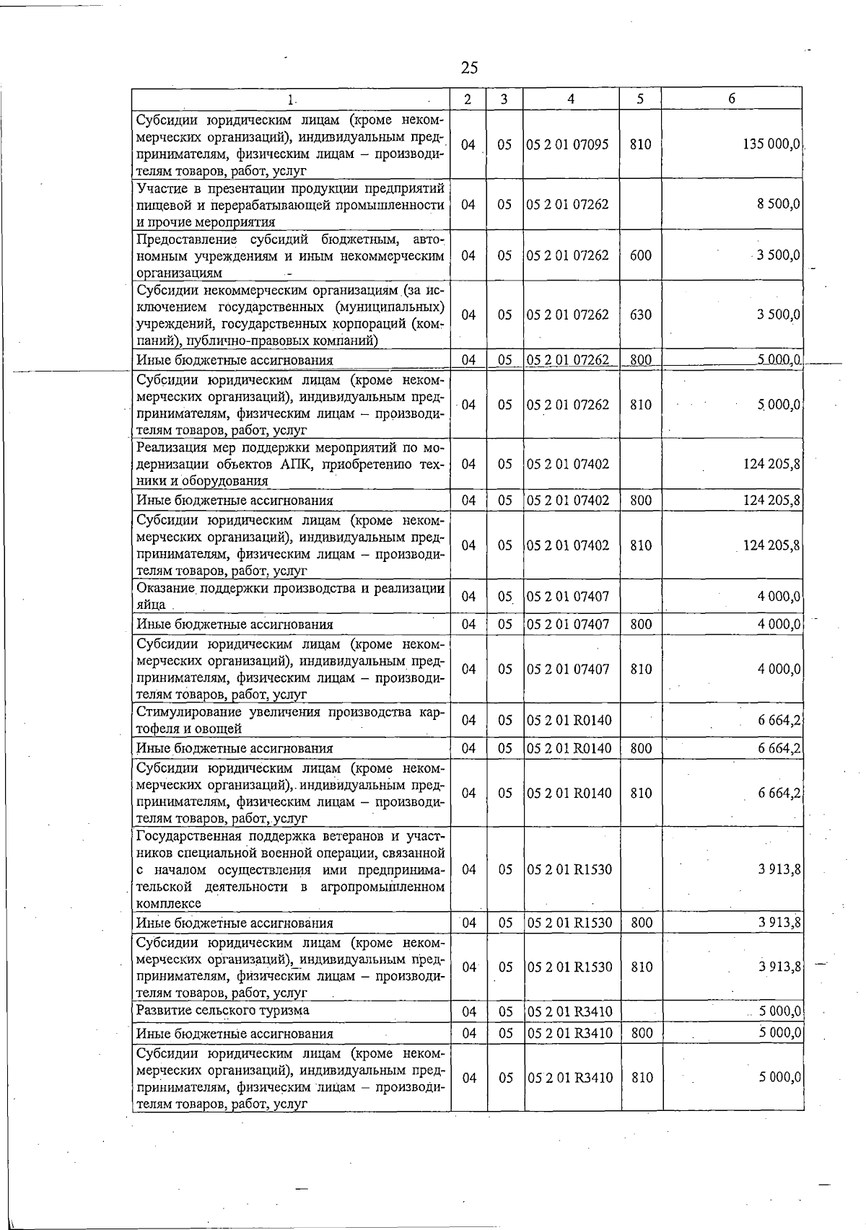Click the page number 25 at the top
coord(469,68)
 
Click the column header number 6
coord(731,99)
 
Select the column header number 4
coord(571,99)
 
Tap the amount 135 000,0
coord(771,144)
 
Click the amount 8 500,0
coord(778,204)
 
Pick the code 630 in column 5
coord(640,315)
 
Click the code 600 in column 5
coord(640,255)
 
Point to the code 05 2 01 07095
coord(568,144)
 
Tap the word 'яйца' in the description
coord(151,605)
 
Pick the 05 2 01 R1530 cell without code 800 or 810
coord(569,869)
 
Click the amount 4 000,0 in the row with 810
coord(779,669)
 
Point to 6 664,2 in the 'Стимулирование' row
coord(779,720)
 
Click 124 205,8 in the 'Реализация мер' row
coord(771,464)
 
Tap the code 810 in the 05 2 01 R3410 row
coord(641,1078)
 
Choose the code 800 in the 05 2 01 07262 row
coord(640,360)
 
